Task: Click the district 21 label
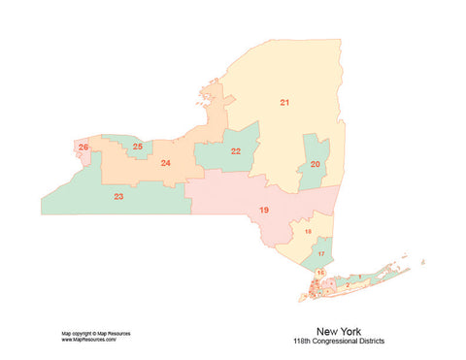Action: (x=284, y=102)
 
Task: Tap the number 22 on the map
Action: (x=236, y=151)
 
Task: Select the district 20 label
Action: (x=315, y=165)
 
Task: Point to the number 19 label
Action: (x=263, y=211)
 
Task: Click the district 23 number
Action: (x=118, y=197)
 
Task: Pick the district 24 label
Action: (x=166, y=163)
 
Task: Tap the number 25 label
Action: (x=138, y=147)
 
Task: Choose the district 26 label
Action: (x=83, y=147)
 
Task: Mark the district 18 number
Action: (x=308, y=232)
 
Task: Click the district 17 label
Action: (x=320, y=253)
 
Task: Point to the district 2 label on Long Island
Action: (x=348, y=285)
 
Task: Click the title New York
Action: (x=332, y=331)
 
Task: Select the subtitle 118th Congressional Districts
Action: (x=332, y=342)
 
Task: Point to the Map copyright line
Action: (x=95, y=333)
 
